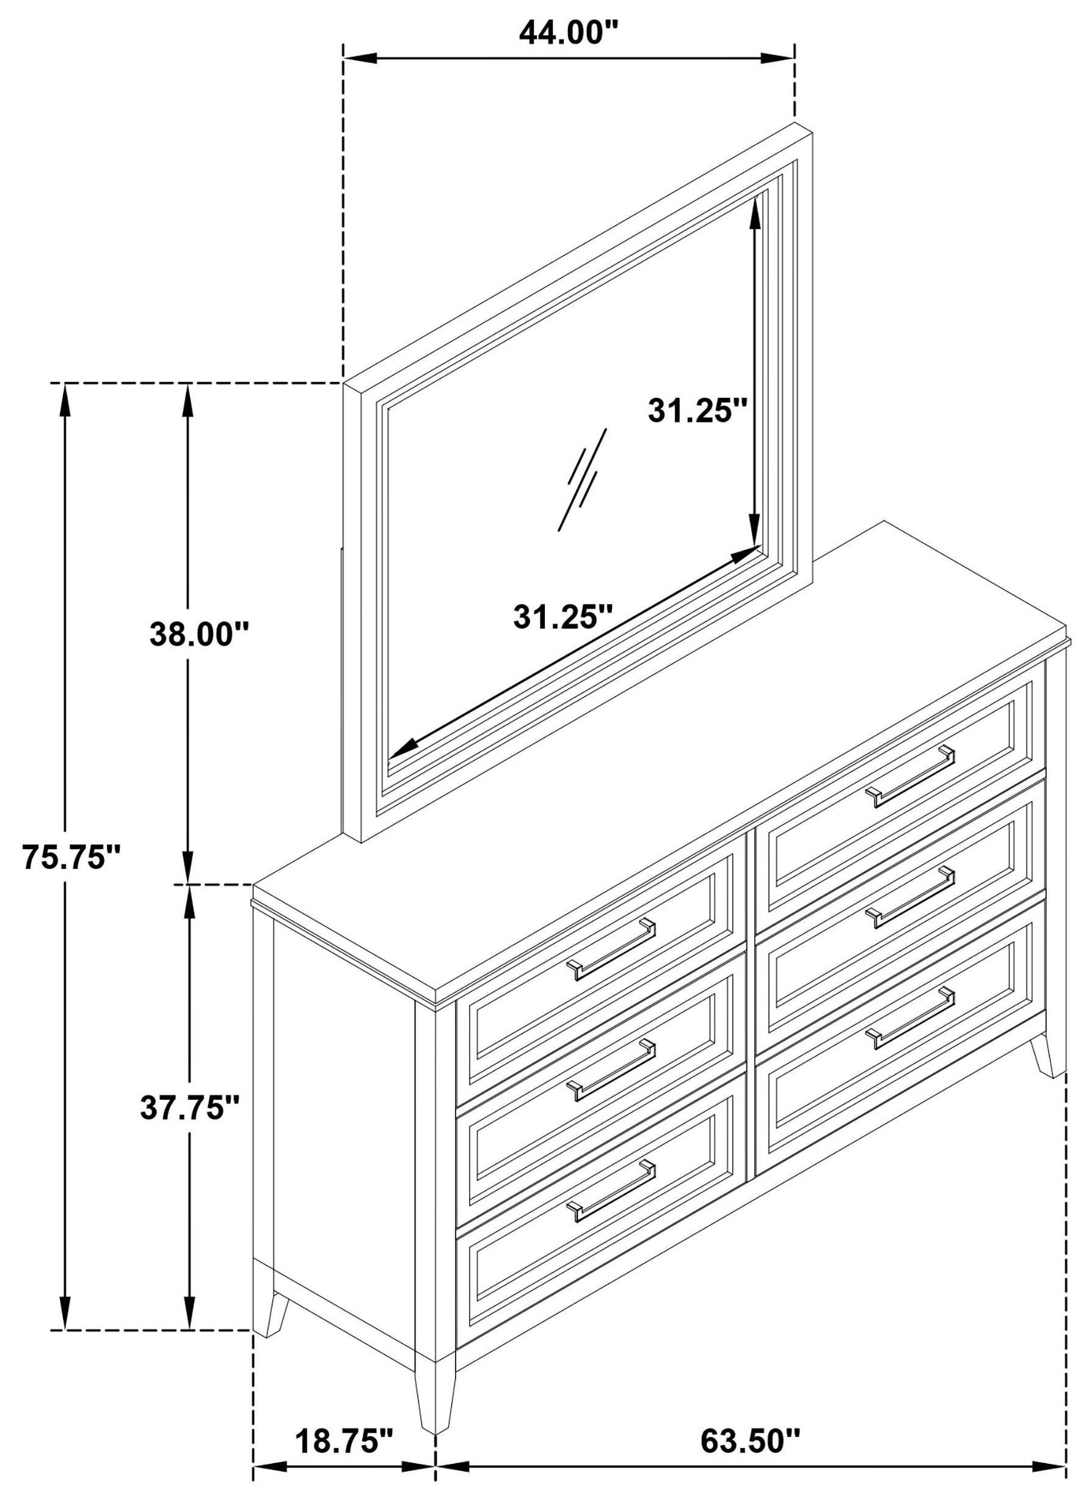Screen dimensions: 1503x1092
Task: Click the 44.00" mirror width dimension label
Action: pyautogui.click(x=569, y=32)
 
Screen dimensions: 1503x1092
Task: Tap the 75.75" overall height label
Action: pyautogui.click(x=71, y=856)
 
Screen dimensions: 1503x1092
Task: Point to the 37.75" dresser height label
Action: pyautogui.click(x=190, y=1106)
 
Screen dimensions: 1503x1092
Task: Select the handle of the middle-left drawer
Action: pyautogui.click(x=610, y=1070)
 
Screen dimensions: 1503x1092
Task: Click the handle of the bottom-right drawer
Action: pyautogui.click(x=914, y=1018)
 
